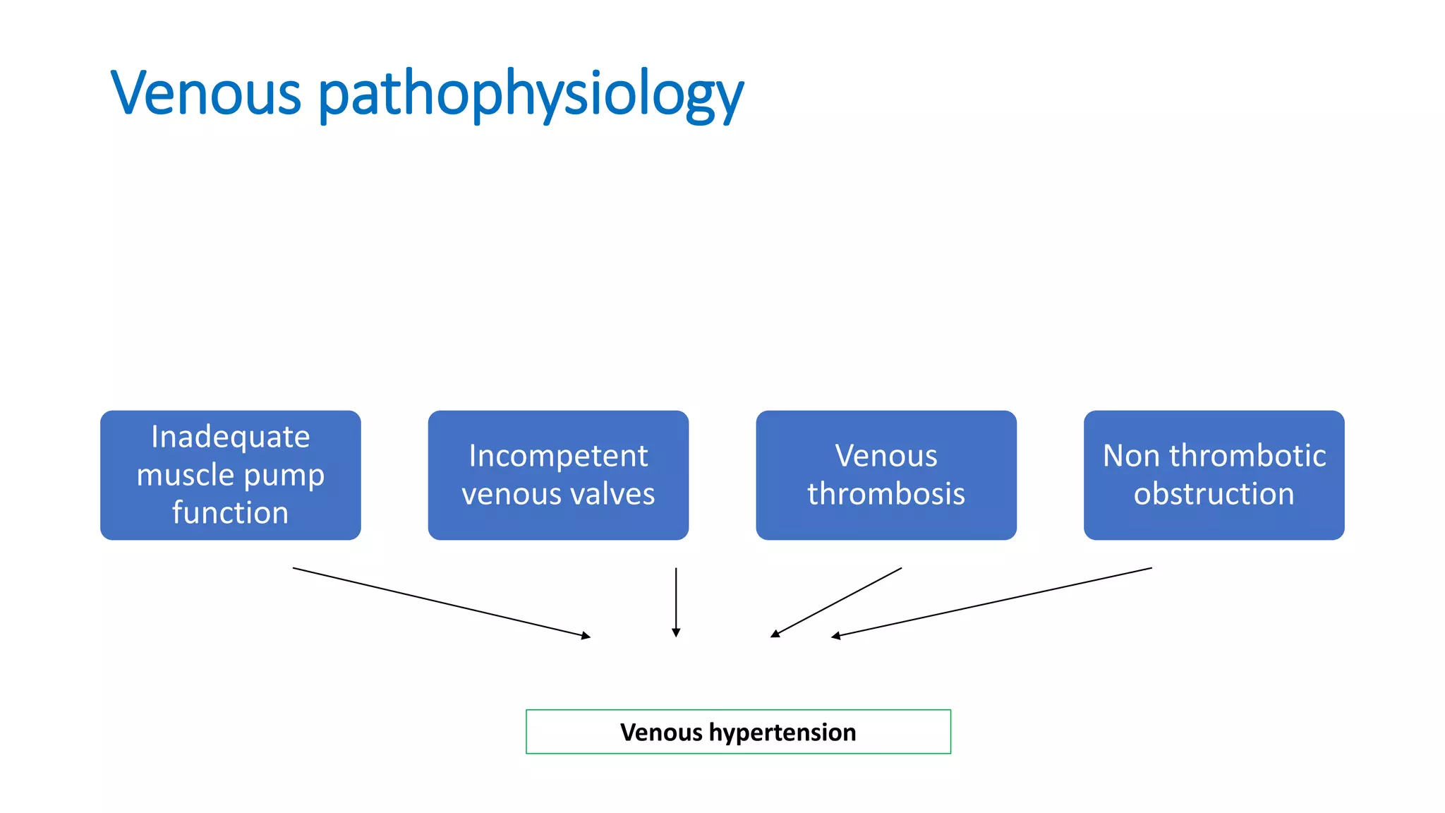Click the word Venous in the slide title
tap(206, 93)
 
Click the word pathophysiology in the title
tap(531, 95)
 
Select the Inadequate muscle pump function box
tap(230, 475)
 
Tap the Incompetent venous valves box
tap(558, 475)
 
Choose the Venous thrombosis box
tap(886, 475)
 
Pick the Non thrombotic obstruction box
tap(1214, 475)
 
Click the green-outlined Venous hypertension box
tap(738, 732)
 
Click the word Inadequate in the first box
tap(230, 437)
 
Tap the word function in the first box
tap(230, 513)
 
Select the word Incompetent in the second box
tap(558, 456)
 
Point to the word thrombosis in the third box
tap(886, 494)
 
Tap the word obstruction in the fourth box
tap(1214, 494)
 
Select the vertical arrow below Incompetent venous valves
tap(676, 600)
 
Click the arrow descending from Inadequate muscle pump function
tap(441, 602)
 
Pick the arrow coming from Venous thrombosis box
tap(837, 602)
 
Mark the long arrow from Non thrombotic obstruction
tap(991, 602)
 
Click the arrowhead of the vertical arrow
tap(676, 633)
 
